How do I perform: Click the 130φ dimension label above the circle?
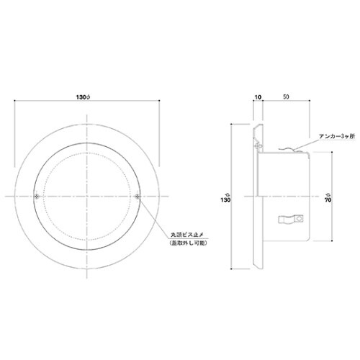(83, 97)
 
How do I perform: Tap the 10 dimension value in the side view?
(258, 97)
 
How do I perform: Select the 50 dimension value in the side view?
(286, 96)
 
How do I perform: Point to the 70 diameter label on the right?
(328, 197)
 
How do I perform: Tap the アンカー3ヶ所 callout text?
(336, 136)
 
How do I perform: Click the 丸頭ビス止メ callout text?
(188, 234)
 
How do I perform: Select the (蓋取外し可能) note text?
(188, 243)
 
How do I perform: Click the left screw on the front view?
(37, 197)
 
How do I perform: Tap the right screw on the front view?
(138, 197)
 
